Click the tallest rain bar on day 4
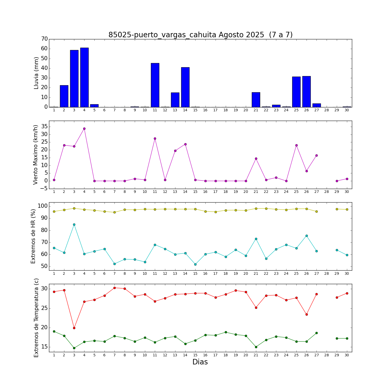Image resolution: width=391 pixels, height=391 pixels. pyautogui.click(x=84, y=77)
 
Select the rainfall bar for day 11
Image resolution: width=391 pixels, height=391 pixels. pyautogui.click(x=155, y=85)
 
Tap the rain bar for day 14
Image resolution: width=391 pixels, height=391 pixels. pyautogui.click(x=185, y=87)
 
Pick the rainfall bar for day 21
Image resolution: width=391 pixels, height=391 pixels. pyautogui.click(x=256, y=100)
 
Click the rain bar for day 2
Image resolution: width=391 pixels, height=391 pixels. pyautogui.click(x=64, y=96)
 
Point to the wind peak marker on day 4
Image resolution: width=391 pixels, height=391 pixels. pyautogui.click(x=84, y=129)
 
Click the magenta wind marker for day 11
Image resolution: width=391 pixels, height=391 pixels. pyautogui.click(x=155, y=138)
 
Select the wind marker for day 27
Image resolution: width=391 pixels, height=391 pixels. pyautogui.click(x=316, y=155)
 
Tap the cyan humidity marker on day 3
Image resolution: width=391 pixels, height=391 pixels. pyautogui.click(x=74, y=224)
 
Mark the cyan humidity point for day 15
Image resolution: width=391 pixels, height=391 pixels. pyautogui.click(x=195, y=264)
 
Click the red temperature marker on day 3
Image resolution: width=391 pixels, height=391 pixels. pyautogui.click(x=74, y=328)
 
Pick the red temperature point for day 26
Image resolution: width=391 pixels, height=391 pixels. pyautogui.click(x=307, y=314)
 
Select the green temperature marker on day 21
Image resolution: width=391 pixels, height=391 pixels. pyautogui.click(x=256, y=347)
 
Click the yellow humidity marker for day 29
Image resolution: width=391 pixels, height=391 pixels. pyautogui.click(x=337, y=209)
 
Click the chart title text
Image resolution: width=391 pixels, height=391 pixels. pyautogui.click(x=200, y=35)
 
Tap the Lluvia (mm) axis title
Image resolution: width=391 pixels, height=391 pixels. pyautogui.click(x=36, y=73)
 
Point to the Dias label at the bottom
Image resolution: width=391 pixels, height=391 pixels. pyautogui.click(x=200, y=362)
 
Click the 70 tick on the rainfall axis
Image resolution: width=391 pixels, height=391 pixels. pyautogui.click(x=44, y=39)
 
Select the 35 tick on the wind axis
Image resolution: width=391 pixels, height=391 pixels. pyautogui.click(x=44, y=127)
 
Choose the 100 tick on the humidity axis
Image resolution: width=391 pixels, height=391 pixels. pyautogui.click(x=43, y=206)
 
